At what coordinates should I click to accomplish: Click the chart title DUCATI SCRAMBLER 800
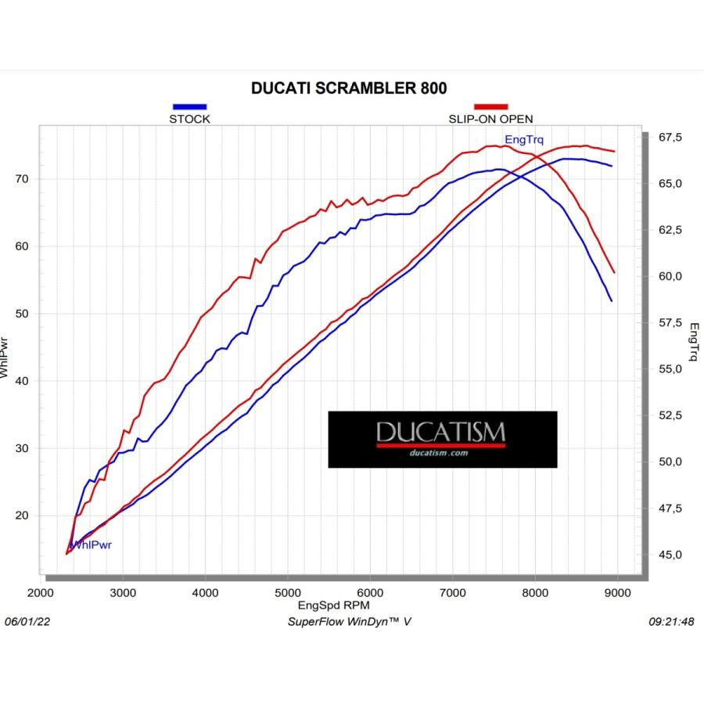pos(349,88)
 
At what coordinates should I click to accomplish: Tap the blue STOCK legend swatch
pos(189,107)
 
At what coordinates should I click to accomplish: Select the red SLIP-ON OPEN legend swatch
pos(490,107)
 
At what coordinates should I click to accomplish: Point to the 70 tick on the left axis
pos(22,179)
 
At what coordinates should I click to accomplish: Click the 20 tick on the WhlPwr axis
pos(22,515)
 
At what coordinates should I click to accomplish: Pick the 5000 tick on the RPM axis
pos(287,593)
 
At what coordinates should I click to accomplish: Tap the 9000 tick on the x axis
pos(617,593)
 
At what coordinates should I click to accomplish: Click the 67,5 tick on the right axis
pos(670,137)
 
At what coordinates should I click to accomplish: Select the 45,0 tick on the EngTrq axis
pos(670,555)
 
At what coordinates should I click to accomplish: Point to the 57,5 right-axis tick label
pos(670,322)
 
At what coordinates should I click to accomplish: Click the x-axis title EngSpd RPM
pos(333,605)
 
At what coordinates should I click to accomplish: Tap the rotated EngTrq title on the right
pos(694,342)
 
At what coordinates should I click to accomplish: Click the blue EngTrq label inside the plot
pos(524,140)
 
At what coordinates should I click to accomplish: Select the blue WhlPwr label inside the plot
pos(92,544)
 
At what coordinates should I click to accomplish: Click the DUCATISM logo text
pos(441,432)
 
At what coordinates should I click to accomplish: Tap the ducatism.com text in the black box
pos(439,453)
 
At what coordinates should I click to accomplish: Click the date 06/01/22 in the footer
pos(27,621)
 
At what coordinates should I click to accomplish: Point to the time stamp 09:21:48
pos(671,621)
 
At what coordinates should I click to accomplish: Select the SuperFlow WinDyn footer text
pos(350,621)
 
